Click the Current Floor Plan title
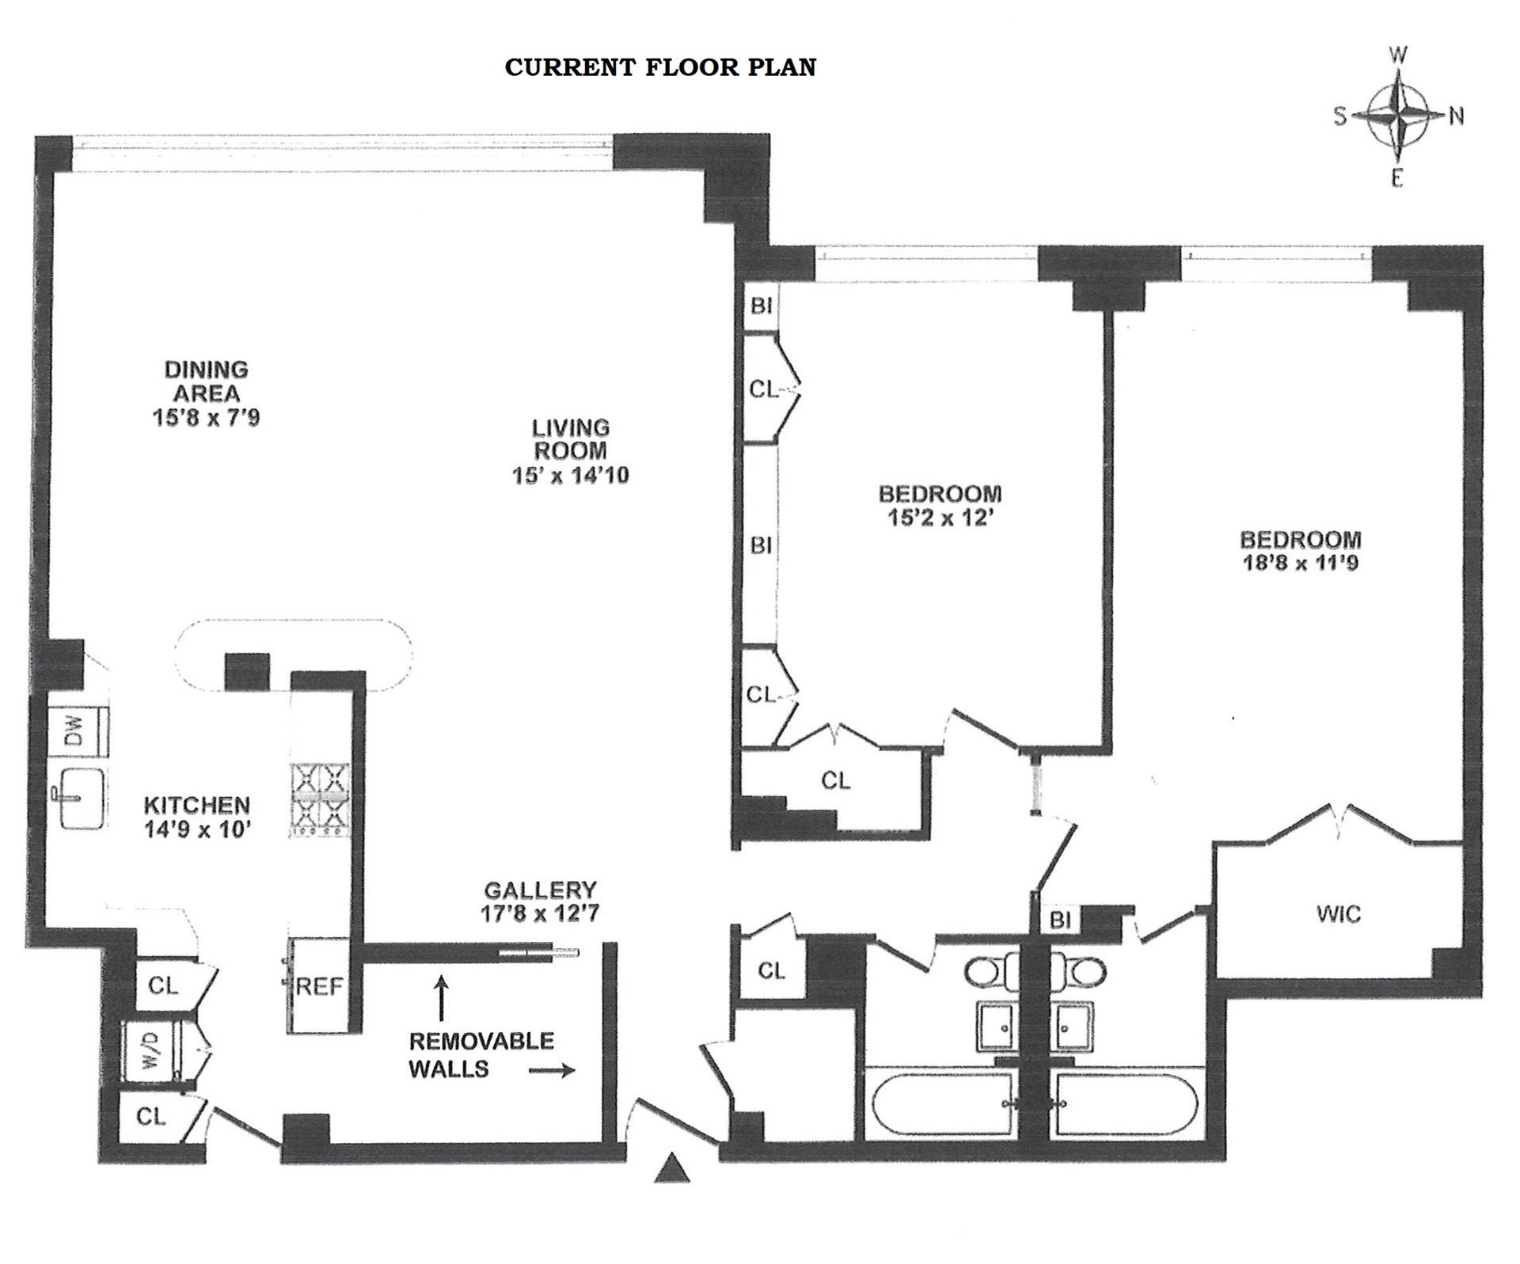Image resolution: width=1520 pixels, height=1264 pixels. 660,67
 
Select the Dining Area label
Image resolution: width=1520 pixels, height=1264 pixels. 206,381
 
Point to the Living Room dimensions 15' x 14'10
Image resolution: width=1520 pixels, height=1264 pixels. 570,475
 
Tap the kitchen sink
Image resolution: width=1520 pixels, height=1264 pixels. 82,799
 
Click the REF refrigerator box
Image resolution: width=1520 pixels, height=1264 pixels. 318,986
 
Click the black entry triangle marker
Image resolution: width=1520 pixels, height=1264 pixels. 671,1168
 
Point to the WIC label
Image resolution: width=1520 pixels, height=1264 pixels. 1339,915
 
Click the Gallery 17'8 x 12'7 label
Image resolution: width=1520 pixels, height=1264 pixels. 540,902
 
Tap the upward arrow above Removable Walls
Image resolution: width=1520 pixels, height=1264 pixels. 442,998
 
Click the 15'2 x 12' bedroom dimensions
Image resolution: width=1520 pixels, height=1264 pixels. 940,518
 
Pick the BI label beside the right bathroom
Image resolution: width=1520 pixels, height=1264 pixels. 1060,920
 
